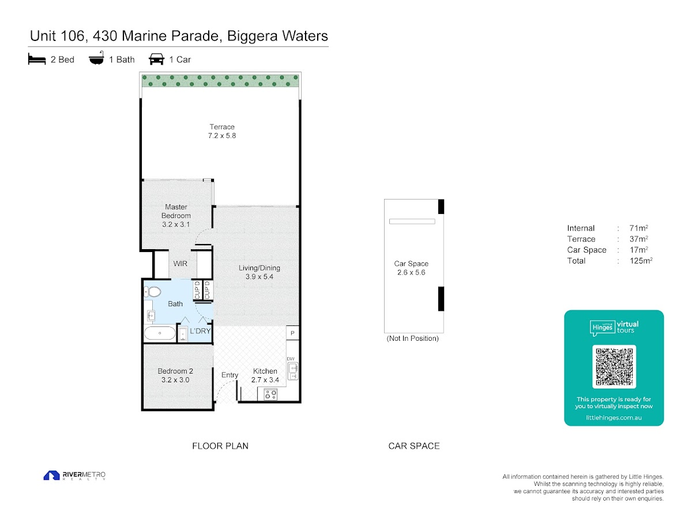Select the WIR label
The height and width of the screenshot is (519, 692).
click(180, 264)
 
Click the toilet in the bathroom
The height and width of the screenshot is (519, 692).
click(153, 292)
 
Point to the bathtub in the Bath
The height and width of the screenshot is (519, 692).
click(160, 333)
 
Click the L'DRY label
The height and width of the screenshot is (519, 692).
click(200, 331)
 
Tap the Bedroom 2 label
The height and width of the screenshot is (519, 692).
click(175, 371)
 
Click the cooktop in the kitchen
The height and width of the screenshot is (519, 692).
click(270, 394)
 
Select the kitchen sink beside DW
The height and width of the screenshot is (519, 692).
click(294, 371)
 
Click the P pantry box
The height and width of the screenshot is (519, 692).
click(292, 333)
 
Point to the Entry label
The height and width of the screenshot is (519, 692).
click(230, 375)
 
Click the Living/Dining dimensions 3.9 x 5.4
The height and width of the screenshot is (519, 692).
click(259, 277)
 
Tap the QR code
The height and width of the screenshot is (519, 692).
click(614, 367)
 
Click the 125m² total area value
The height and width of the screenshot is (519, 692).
click(641, 261)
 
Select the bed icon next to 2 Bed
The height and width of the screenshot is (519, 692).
click(37, 59)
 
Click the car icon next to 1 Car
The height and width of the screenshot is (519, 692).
click(156, 59)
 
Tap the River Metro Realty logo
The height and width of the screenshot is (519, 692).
click(74, 476)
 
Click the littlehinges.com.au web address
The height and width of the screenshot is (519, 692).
click(614, 418)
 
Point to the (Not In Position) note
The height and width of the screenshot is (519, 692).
click(412, 339)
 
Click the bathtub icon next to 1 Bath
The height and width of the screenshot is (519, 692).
click(96, 58)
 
